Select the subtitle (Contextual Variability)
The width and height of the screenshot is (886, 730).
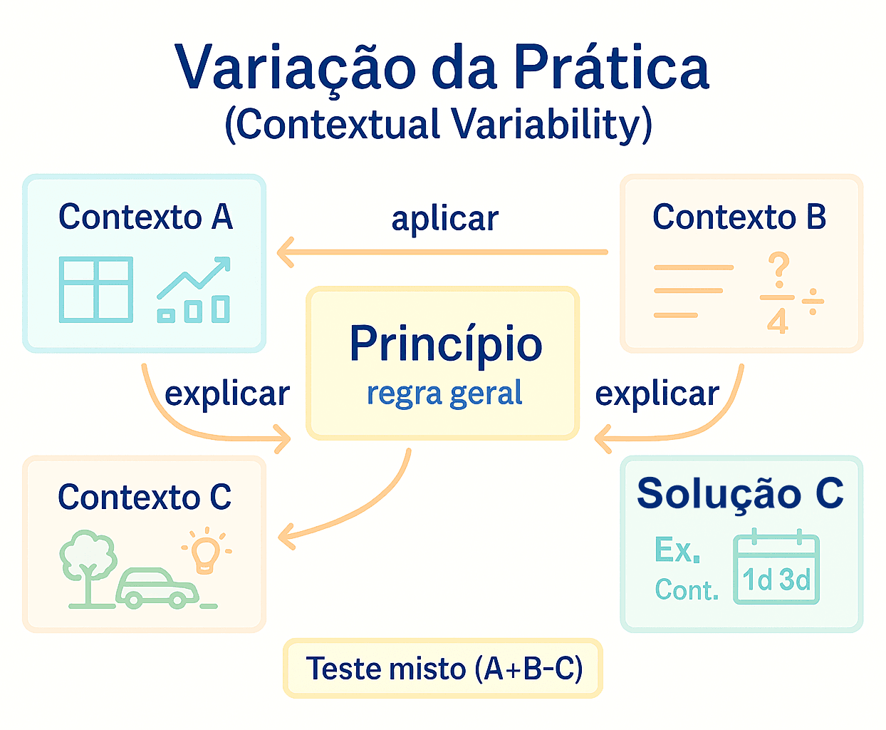pos(439,124)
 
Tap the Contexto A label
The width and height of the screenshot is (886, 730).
pos(145,217)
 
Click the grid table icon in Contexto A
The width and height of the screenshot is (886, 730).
pos(96,289)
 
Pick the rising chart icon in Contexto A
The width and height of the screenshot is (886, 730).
pos(194,290)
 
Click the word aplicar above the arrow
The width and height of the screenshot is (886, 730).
pos(445,219)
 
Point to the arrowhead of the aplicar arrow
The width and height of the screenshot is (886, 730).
pos(283,252)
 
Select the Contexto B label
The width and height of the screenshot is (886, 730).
pos(739,217)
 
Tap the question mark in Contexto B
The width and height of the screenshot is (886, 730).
pos(779,269)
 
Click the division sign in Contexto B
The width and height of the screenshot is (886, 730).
pos(813,302)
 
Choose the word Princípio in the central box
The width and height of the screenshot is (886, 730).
pos(446,344)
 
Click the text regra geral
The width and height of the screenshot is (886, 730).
pos(444,394)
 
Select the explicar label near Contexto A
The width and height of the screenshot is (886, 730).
pos(227,394)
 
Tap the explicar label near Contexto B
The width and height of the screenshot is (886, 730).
pos(657,394)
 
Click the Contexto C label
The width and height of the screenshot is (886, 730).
pos(145,497)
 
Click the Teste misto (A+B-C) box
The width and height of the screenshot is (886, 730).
pos(443,668)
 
